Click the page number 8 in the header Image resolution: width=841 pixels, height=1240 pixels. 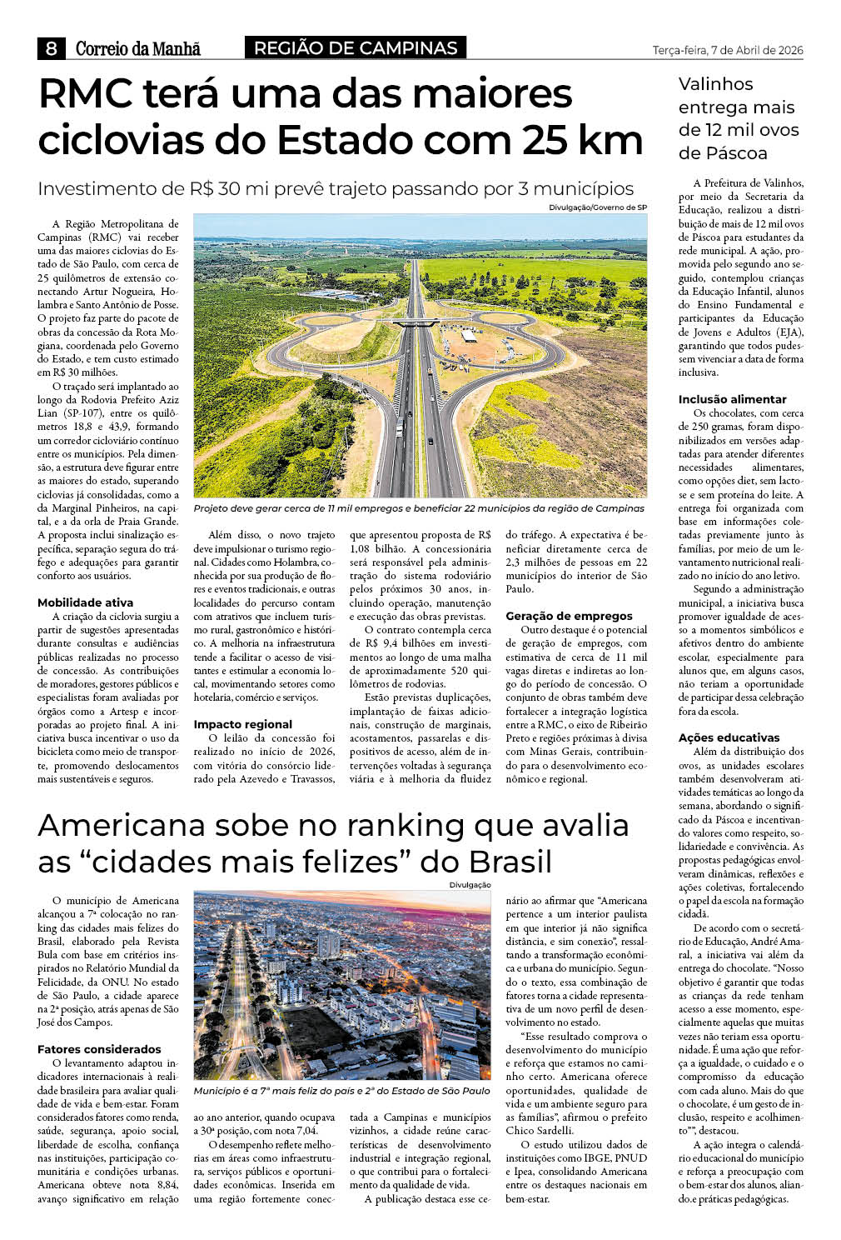(51, 48)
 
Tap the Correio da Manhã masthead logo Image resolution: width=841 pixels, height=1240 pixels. (137, 48)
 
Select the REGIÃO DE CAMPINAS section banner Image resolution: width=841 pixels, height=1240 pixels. (356, 47)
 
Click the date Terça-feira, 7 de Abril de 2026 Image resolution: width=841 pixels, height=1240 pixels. (727, 50)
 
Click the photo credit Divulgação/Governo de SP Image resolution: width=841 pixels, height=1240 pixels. (597, 207)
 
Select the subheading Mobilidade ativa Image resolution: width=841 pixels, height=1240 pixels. (85, 602)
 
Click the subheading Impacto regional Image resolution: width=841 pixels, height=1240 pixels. (242, 724)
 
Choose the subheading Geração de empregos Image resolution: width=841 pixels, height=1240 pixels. (569, 616)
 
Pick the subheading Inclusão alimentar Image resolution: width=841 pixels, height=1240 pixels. (732, 399)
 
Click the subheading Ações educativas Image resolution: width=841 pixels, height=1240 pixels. (729, 737)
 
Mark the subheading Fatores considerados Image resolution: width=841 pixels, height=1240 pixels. (99, 1049)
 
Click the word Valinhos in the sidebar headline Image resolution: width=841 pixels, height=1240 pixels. (715, 84)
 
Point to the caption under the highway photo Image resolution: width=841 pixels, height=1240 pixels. (419, 508)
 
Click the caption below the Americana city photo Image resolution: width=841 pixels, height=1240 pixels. (341, 1091)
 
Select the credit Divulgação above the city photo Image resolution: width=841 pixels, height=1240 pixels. (470, 885)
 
